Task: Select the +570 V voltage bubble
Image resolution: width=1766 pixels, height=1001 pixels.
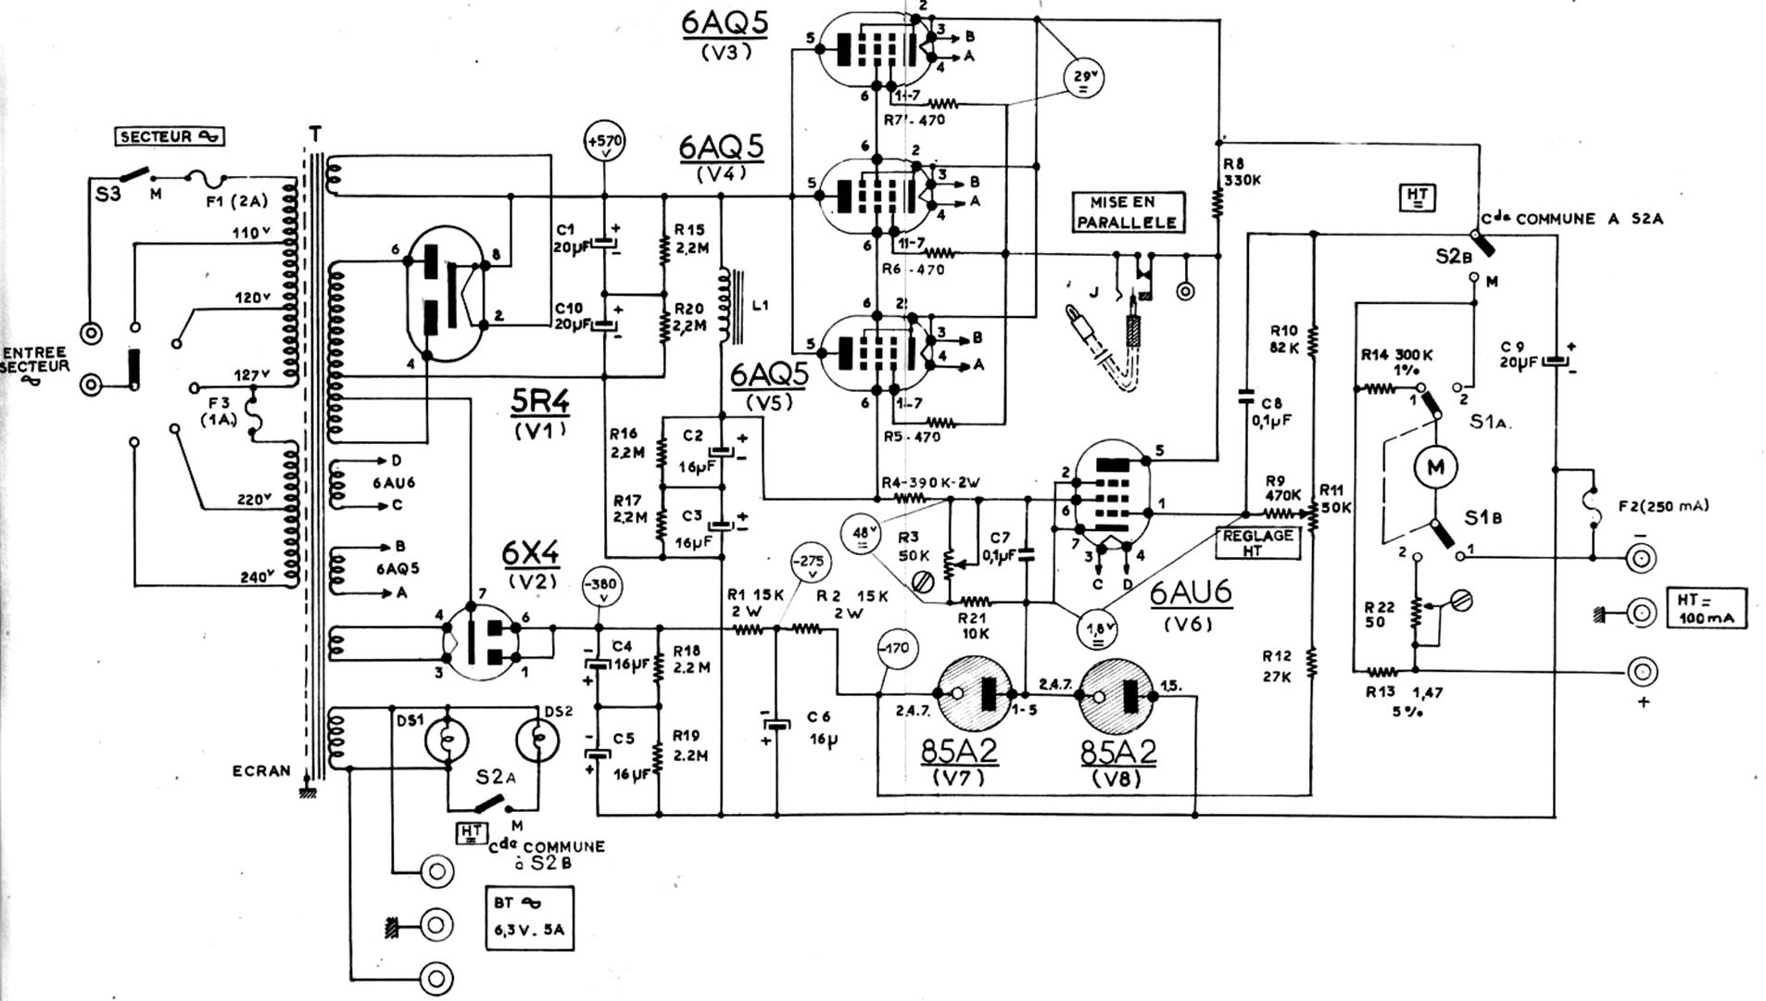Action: [x=604, y=143]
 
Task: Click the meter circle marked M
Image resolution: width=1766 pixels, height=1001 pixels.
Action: [x=1434, y=467]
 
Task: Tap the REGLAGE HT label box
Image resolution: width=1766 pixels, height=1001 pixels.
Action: [x=1256, y=541]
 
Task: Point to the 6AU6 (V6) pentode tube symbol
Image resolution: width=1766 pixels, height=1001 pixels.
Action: [x=1110, y=492]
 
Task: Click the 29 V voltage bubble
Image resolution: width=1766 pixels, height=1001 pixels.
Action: [x=1084, y=78]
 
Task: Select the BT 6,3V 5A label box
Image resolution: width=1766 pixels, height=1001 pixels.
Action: [x=529, y=918]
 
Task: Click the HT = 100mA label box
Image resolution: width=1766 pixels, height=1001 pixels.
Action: [x=1705, y=607]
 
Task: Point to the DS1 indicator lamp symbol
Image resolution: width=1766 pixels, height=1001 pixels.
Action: [x=446, y=740]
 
